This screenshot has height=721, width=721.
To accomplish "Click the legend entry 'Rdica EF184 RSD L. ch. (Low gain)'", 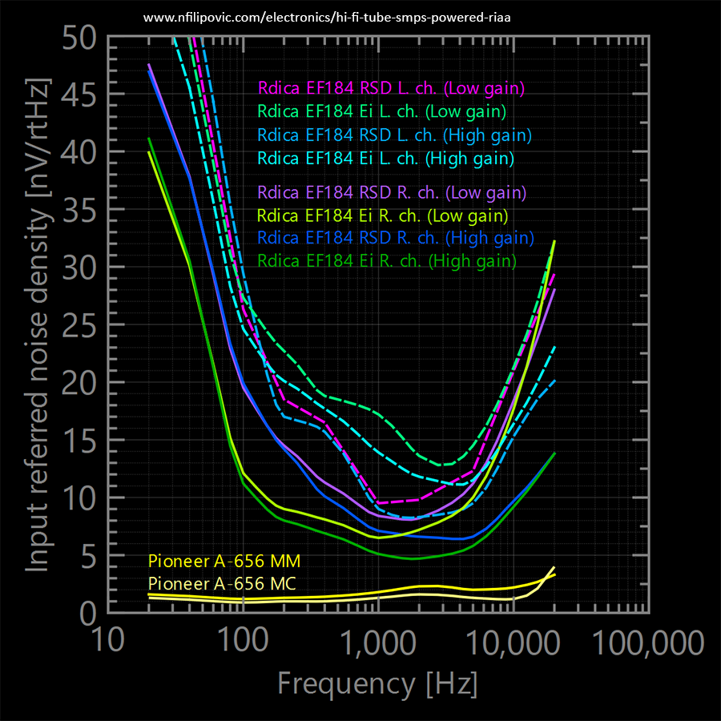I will tap(391, 88).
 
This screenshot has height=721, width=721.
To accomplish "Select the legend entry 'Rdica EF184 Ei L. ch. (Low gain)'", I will tap(381, 111).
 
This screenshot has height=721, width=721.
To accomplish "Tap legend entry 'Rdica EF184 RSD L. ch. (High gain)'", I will tap(395, 135).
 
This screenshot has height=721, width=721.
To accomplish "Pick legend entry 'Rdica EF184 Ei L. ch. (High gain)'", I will tap(385, 159).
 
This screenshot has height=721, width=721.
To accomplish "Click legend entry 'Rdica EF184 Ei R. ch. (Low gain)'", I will tap(383, 215).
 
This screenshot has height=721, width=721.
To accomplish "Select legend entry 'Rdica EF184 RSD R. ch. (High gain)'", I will tap(397, 238).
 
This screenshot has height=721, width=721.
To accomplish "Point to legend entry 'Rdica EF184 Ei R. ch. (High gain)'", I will tap(387, 260).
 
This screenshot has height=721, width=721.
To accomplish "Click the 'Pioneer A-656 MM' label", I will tap(224, 560).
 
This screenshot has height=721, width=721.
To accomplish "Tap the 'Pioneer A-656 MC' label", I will tap(224, 582).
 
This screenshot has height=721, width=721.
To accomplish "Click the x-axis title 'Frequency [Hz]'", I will tap(377, 684).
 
